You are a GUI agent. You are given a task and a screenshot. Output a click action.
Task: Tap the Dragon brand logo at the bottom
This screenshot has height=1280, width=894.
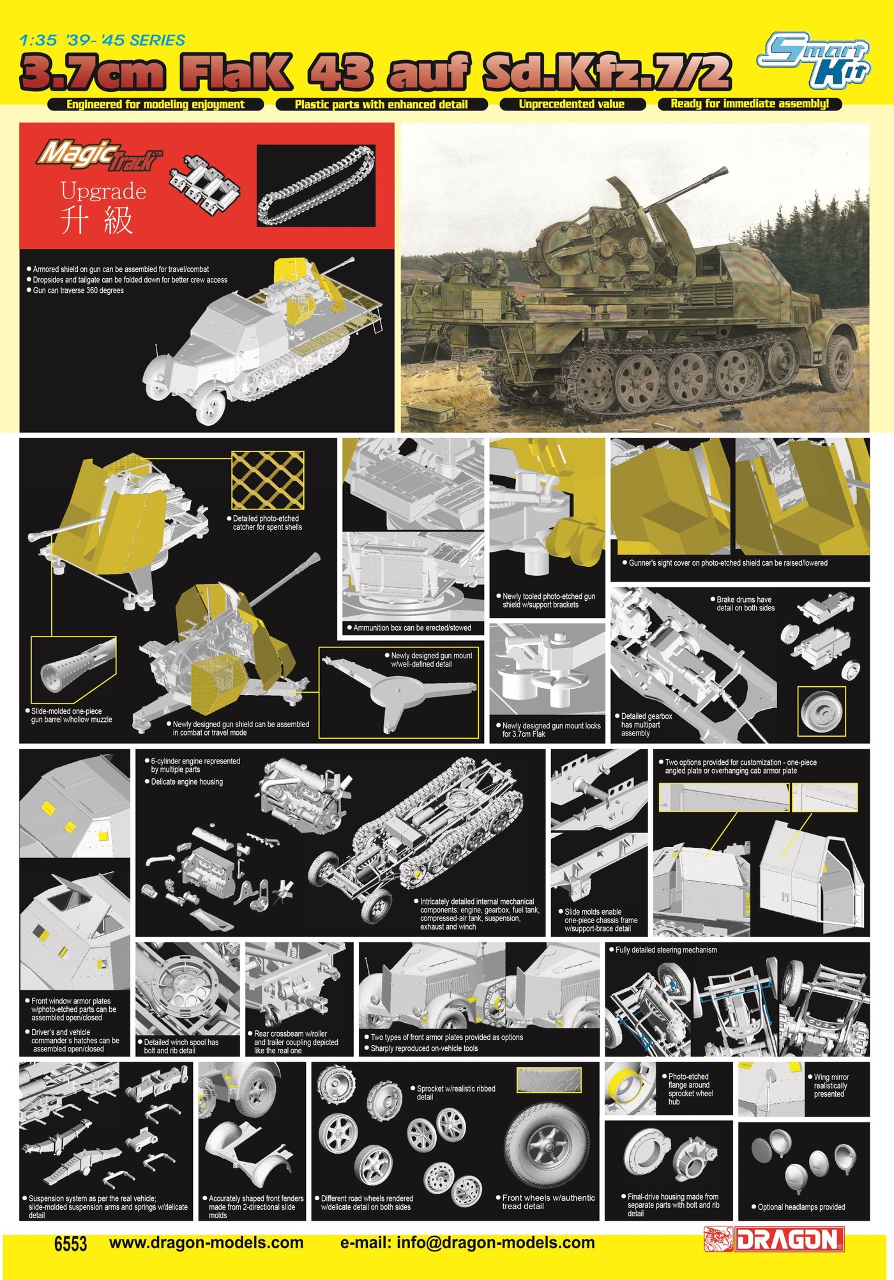coord(773,1239)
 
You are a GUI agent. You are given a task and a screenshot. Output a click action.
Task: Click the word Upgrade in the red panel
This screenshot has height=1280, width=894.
coord(103,191)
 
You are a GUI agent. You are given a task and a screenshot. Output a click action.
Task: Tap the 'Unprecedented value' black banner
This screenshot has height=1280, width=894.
coord(572,104)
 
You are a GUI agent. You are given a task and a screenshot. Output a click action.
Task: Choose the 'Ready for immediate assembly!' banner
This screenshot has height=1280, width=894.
coord(750,104)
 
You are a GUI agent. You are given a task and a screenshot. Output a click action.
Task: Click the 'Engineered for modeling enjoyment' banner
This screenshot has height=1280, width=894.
coord(155,104)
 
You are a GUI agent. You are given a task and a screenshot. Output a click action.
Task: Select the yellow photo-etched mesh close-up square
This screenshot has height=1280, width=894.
coord(268,479)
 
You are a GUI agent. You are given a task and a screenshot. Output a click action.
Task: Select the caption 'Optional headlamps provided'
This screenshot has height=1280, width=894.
coord(801,1207)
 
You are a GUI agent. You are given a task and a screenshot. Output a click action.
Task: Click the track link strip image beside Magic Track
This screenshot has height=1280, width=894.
coord(316,185)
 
